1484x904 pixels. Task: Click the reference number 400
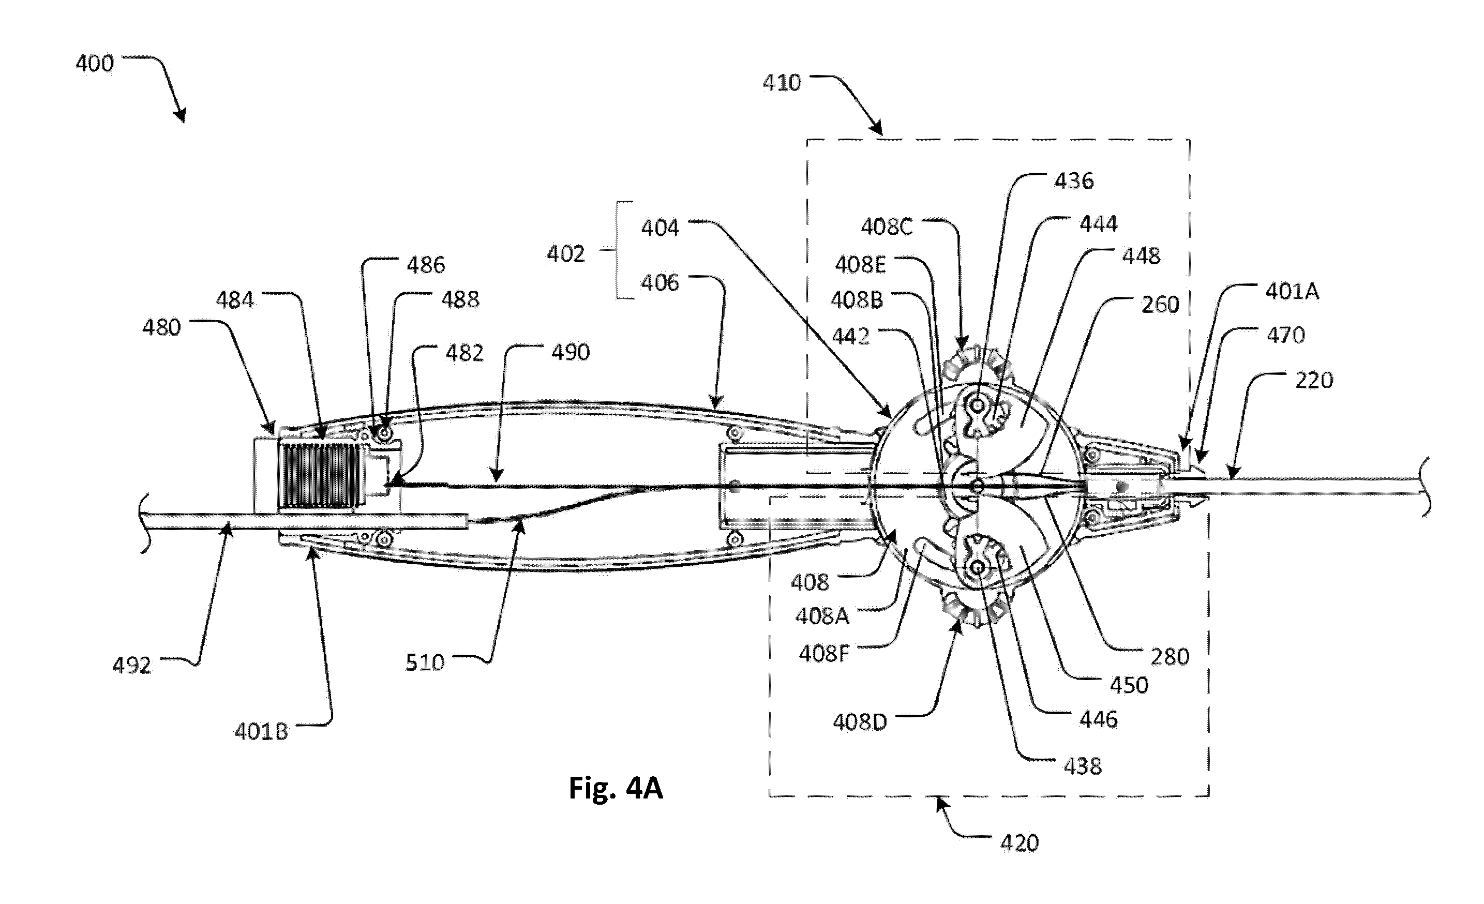tap(95, 64)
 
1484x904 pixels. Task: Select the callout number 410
tap(782, 83)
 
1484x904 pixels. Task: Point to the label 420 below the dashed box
tap(1020, 843)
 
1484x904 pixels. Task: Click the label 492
tap(132, 666)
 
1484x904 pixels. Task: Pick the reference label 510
tap(425, 662)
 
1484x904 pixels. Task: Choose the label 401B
tap(261, 732)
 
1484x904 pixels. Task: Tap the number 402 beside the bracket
tap(565, 254)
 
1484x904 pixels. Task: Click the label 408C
tap(887, 227)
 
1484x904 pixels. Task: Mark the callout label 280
tap(1170, 656)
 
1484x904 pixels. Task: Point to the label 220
tap(1313, 381)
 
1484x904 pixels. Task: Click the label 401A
tap(1293, 292)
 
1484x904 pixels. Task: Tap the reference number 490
tap(571, 352)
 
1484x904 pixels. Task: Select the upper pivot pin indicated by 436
tap(976, 404)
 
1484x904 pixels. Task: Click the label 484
tap(235, 300)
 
